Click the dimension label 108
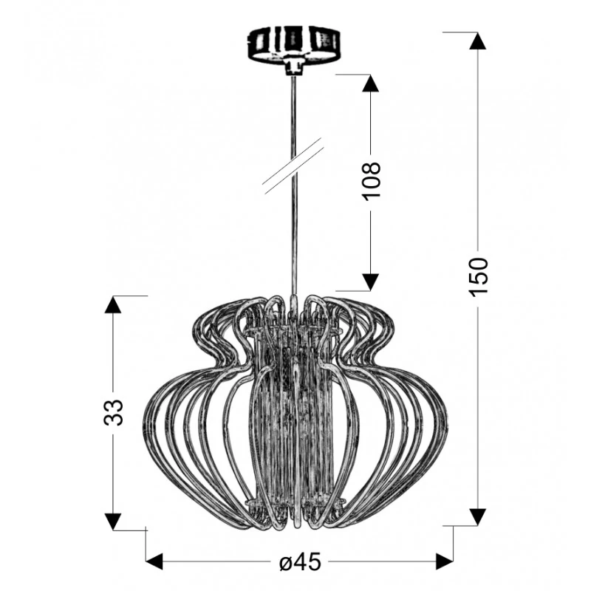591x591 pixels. click(x=371, y=182)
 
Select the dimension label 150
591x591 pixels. click(x=478, y=276)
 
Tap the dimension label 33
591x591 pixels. click(x=114, y=412)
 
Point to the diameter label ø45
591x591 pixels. click(x=301, y=562)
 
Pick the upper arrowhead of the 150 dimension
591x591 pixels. click(x=478, y=41)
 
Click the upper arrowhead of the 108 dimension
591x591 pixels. click(x=371, y=83)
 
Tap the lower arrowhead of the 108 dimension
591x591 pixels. click(x=371, y=282)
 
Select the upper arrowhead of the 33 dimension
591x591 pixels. click(x=113, y=305)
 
